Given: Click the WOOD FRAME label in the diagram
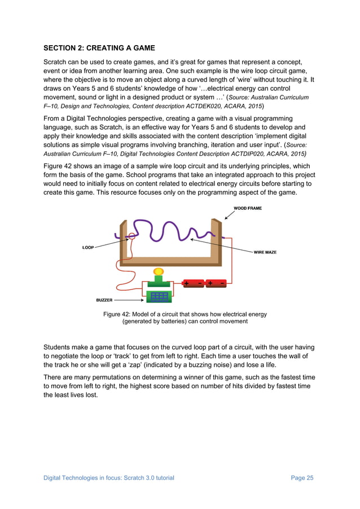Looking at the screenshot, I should coord(248,208).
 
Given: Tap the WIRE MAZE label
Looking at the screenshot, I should coord(265,252).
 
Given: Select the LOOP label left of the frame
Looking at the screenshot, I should coord(88,247).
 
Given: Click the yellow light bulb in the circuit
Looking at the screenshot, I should coord(159,272).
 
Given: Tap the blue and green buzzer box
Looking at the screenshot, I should coord(159,296).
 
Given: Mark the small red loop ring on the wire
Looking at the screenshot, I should coord(131,235).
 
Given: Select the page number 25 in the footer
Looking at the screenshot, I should coord(309,478).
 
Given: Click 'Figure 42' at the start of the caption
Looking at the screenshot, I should coord(116,314).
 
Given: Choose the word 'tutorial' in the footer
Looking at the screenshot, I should coord(162,478).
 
